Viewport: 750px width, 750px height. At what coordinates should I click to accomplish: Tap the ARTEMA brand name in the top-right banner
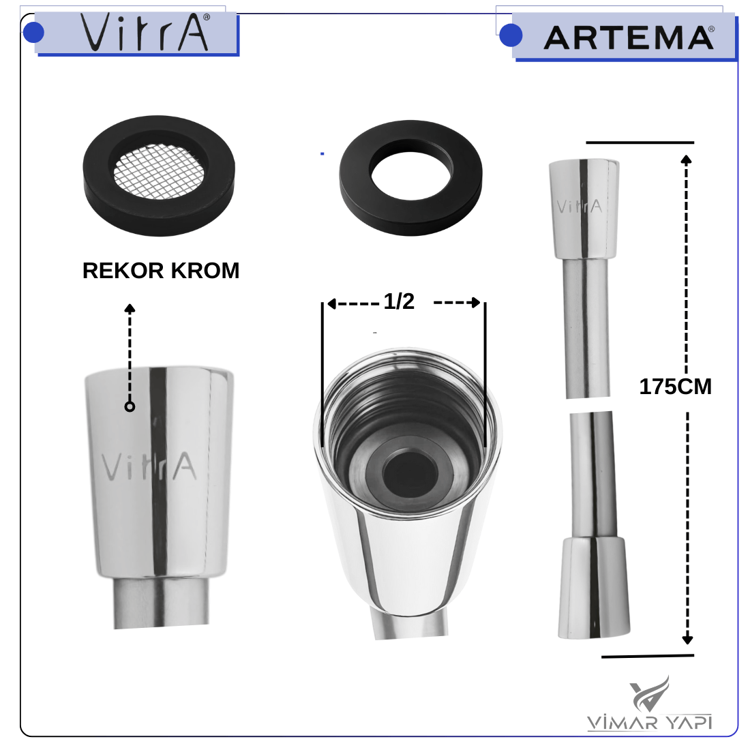click(x=629, y=37)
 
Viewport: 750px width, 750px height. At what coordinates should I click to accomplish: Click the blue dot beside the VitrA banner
click(x=33, y=33)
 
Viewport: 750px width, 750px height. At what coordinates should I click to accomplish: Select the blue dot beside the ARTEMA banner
click(x=511, y=35)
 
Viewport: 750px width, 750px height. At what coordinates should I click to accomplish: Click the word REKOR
click(x=123, y=271)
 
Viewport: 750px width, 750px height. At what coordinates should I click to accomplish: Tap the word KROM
click(x=205, y=271)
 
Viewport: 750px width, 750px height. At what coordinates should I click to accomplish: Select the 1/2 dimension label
click(x=399, y=301)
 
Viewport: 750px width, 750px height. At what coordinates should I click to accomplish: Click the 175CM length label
click(x=676, y=387)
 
